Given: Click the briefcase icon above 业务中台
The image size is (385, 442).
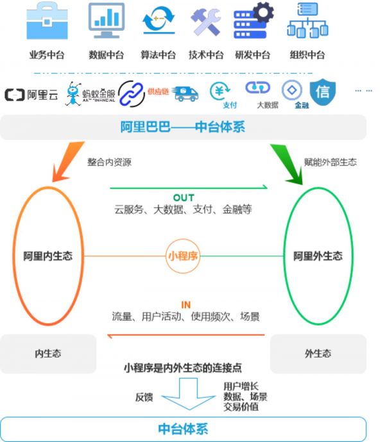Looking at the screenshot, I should pos(46,22).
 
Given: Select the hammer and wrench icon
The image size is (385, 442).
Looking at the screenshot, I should pos(205,22).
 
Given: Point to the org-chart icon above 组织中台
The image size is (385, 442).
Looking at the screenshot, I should pos(307,22).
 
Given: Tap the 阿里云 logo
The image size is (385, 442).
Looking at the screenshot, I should pos(31,95).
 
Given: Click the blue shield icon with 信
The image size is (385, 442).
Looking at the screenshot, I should pos(323,92).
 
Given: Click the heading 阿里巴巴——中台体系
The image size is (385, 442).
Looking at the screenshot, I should pos(183,127).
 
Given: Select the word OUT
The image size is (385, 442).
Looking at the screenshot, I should pos(184,197).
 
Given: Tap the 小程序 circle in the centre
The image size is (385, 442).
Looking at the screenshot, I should pos(183,256).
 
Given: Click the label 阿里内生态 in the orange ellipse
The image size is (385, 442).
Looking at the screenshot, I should pos(44,256).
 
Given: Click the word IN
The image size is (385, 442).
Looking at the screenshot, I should pos(185,305).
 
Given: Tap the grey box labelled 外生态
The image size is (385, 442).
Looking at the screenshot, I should pos(318,354).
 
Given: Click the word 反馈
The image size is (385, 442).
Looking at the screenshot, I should pos(144,397).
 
